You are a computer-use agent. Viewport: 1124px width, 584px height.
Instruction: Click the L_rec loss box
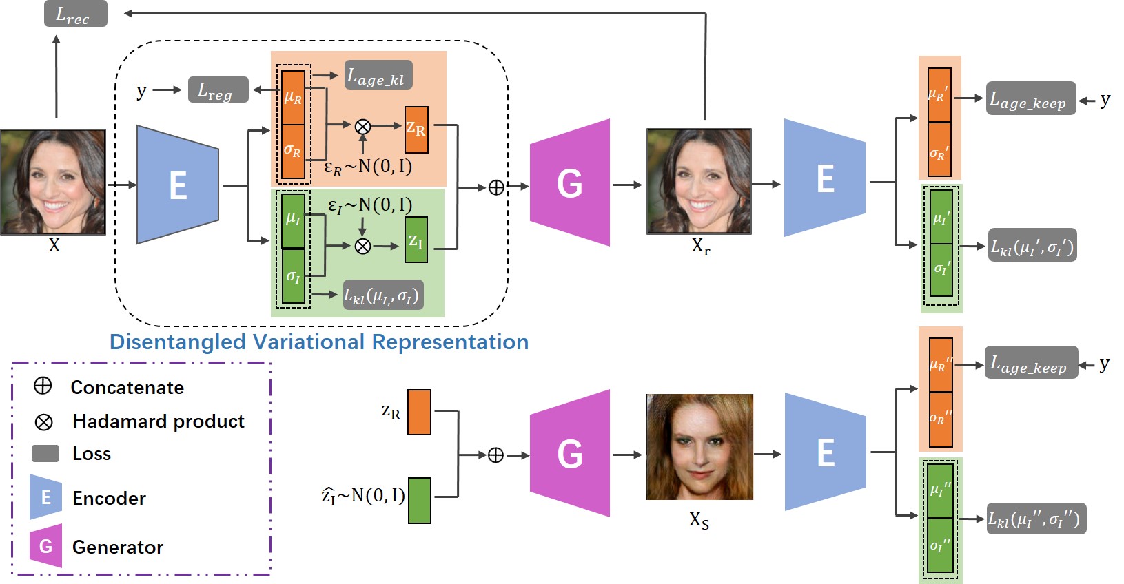click(x=76, y=14)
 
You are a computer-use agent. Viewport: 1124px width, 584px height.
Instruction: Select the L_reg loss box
click(x=218, y=90)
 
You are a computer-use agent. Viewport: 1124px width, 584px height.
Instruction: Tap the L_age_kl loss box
click(x=378, y=75)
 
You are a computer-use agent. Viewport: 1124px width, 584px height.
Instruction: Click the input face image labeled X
click(x=53, y=182)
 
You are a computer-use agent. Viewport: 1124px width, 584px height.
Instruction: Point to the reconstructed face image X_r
click(x=699, y=181)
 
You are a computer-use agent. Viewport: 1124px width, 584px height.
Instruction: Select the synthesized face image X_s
click(x=699, y=447)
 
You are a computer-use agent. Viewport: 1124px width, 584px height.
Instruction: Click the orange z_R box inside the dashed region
click(x=416, y=130)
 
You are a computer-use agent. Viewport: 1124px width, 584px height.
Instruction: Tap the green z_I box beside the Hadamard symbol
click(x=416, y=240)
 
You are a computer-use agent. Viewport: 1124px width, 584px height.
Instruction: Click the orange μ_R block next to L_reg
click(x=293, y=98)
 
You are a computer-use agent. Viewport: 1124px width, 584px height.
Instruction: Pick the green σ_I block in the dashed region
click(x=293, y=276)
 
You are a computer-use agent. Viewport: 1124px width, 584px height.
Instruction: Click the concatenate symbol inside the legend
click(x=43, y=386)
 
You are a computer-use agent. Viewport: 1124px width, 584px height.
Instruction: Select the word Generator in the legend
click(x=118, y=547)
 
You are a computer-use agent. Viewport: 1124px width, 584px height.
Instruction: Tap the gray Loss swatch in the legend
click(x=45, y=453)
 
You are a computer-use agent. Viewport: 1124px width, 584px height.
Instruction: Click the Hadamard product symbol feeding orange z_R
click(x=362, y=126)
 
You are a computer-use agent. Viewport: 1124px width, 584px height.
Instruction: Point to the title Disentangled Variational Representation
click(x=319, y=342)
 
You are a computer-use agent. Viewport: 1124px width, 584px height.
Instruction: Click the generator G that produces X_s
click(x=570, y=453)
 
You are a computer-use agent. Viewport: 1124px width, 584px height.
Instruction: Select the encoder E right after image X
click(x=178, y=185)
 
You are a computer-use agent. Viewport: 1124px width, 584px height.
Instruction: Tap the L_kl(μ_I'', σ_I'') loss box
click(x=1036, y=519)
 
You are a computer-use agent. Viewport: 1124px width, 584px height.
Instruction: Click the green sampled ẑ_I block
click(x=420, y=500)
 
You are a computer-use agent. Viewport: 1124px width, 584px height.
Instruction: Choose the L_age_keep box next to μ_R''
click(x=1031, y=362)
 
